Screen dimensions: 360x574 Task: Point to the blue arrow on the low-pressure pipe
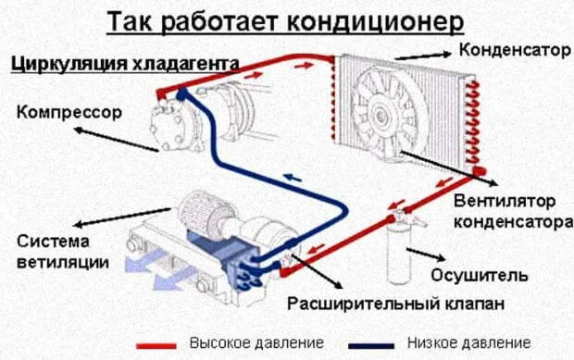293,179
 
